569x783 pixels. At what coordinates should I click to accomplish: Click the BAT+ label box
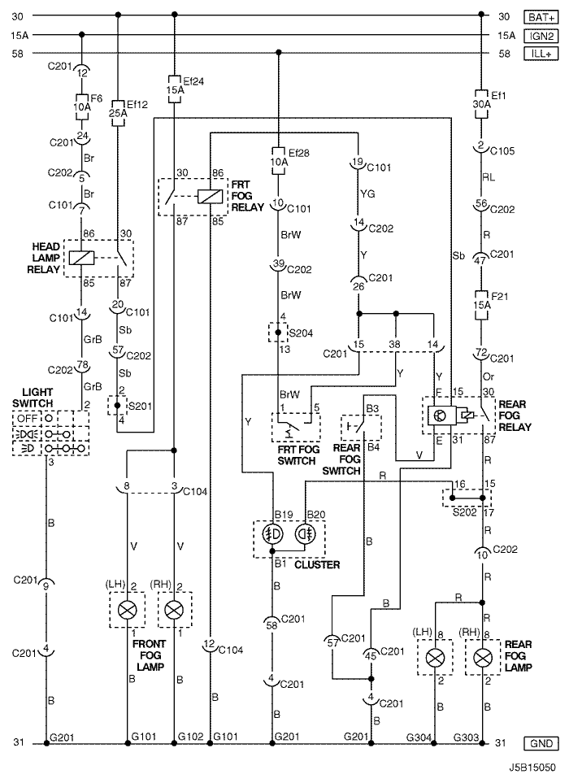click(x=541, y=16)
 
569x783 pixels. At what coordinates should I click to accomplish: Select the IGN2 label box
click(x=541, y=35)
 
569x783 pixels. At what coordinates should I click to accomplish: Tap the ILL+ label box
click(x=541, y=53)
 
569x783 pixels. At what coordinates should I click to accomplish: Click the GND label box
click(x=541, y=743)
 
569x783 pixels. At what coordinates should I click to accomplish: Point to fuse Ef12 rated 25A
click(x=119, y=113)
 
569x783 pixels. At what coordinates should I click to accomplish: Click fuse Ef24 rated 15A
click(x=173, y=91)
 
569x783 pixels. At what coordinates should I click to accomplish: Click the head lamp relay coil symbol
click(x=82, y=257)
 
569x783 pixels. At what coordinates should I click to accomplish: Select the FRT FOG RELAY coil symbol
click(x=211, y=196)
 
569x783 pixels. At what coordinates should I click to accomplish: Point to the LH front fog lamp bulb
click(x=127, y=610)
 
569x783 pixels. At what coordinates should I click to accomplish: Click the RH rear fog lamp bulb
click(x=483, y=656)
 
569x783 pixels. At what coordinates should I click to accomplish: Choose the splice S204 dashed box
click(x=279, y=333)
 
